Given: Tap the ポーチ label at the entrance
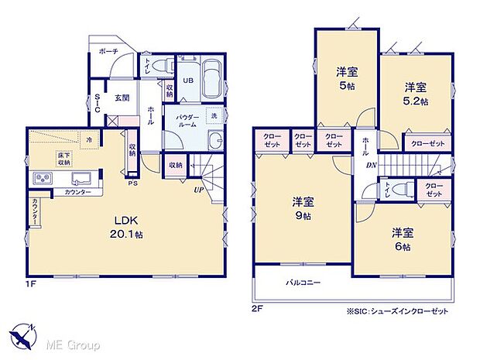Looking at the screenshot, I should click(108, 51).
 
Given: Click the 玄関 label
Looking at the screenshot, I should click(122, 98).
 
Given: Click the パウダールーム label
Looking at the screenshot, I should click(189, 121).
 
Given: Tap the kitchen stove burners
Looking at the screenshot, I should click(41, 180).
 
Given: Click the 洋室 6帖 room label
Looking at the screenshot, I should click(401, 238).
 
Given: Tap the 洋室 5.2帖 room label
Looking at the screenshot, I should click(415, 94).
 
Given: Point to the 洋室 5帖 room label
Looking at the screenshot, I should click(345, 78).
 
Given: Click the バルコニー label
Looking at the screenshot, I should click(303, 283).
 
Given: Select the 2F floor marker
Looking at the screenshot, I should click(257, 307).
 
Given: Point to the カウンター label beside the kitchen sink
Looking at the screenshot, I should click(77, 191).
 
